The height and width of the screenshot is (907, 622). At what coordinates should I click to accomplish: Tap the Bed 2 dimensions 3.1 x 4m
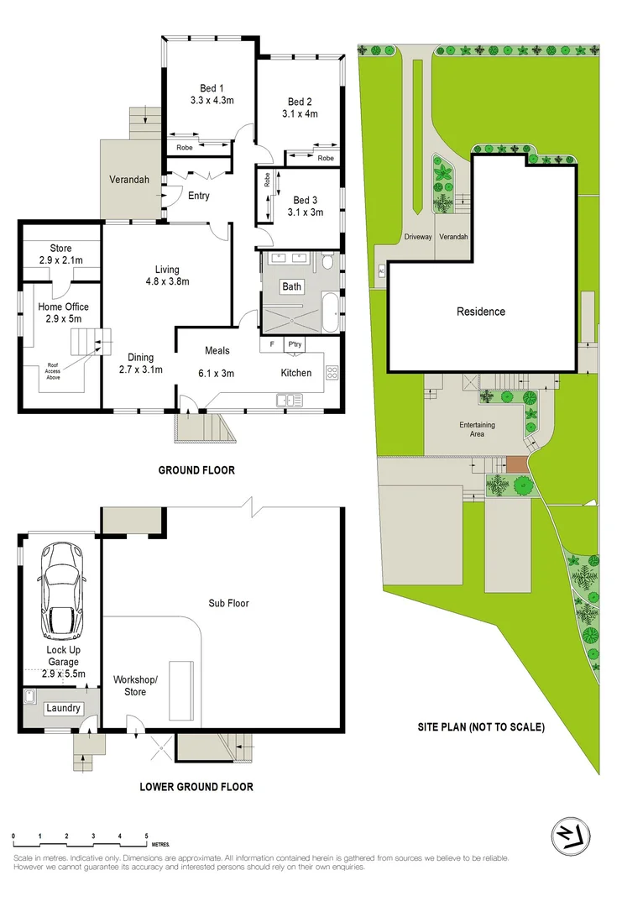300,114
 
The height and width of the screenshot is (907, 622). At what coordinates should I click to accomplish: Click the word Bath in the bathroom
291,287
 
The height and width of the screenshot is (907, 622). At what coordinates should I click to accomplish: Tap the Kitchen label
295,373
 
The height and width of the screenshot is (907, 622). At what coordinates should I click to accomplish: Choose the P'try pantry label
295,344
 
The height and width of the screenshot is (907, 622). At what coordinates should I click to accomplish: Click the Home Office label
63,307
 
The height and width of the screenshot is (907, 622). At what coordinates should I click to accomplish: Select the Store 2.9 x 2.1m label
60,254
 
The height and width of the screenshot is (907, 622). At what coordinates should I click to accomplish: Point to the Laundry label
64,708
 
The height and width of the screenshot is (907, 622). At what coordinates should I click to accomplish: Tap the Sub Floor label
229,603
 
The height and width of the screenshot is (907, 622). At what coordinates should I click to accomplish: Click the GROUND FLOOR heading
196,470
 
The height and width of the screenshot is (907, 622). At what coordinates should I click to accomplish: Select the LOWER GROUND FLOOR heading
198,787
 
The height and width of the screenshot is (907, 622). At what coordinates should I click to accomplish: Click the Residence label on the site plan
481,312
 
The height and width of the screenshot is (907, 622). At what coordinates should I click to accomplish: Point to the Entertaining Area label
477,429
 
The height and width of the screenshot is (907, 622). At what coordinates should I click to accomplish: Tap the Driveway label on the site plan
417,237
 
